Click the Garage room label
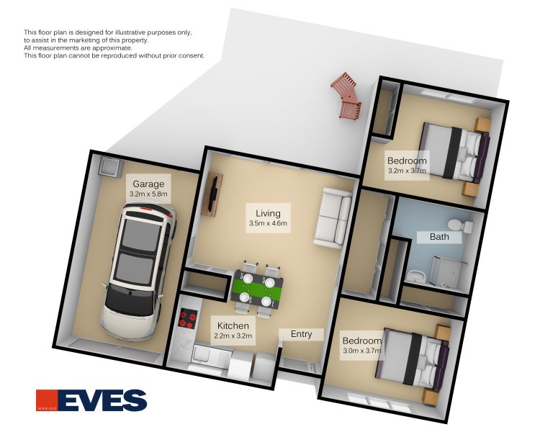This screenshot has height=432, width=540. [x=148, y=184]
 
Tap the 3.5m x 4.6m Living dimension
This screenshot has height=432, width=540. [x=268, y=223]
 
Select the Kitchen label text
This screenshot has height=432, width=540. [x=233, y=325]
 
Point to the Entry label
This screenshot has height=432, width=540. [x=302, y=334]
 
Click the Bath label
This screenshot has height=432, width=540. [x=439, y=237]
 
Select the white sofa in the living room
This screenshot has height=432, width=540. [x=333, y=217]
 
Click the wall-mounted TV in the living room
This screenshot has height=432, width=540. [x=212, y=194]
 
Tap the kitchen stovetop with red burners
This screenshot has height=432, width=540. [x=188, y=319]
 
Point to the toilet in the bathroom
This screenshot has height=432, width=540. [x=460, y=225]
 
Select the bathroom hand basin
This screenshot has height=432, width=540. [x=416, y=276]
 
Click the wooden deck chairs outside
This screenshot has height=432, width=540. [x=347, y=96]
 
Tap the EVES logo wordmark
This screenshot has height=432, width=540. [x=103, y=400]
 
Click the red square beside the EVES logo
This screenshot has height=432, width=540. [x=47, y=400]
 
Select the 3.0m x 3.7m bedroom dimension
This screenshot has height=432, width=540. [x=361, y=351]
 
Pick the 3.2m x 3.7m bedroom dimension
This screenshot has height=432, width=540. [x=407, y=171]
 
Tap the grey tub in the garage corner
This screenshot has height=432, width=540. [x=110, y=167]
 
